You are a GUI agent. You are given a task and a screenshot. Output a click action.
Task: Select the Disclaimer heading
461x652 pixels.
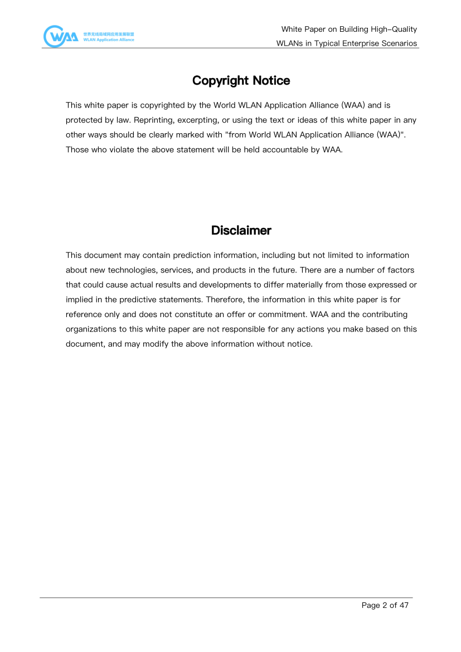pyautogui.click(x=241, y=230)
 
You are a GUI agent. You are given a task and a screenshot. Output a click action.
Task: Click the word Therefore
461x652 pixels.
pyautogui.click(x=225, y=300)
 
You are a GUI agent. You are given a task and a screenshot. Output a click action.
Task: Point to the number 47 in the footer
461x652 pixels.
pyautogui.click(x=404, y=605)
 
